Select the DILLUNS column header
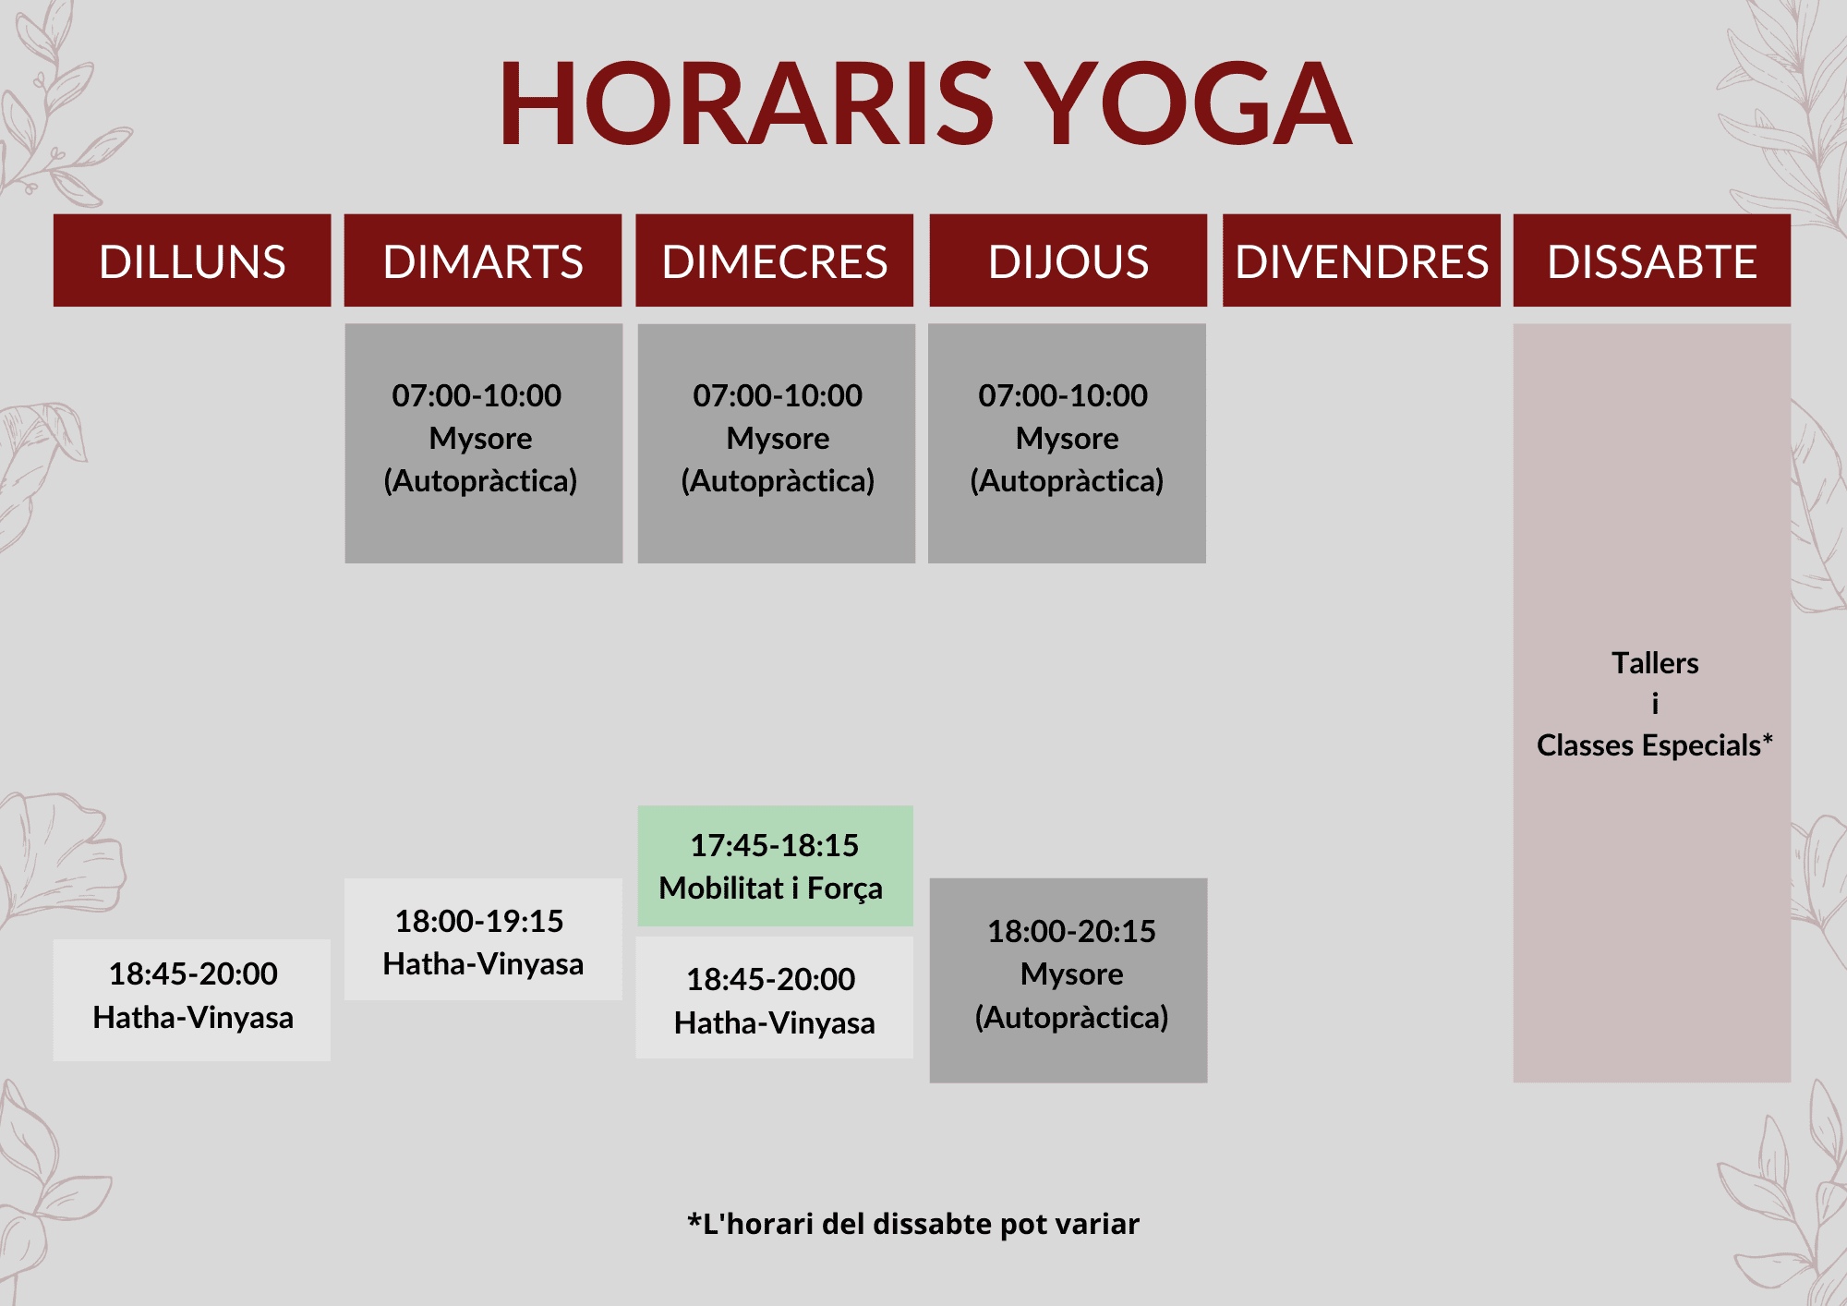click(192, 260)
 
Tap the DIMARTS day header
click(483, 260)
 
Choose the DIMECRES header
click(775, 260)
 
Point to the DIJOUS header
click(1068, 260)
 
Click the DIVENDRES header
click(1362, 260)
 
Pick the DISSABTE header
click(1652, 260)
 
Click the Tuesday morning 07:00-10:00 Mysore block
click(484, 443)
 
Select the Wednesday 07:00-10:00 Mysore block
click(777, 443)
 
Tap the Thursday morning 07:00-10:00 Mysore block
click(1068, 443)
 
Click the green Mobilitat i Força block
click(776, 866)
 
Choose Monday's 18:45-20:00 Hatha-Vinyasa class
click(192, 1000)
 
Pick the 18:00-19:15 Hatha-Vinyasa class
click(483, 939)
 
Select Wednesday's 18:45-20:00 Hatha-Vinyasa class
click(775, 998)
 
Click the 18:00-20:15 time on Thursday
click(1071, 931)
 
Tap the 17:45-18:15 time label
click(775, 845)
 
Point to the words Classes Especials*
click(1655, 744)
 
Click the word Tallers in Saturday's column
click(1655, 663)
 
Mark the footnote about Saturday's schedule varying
click(913, 1224)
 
